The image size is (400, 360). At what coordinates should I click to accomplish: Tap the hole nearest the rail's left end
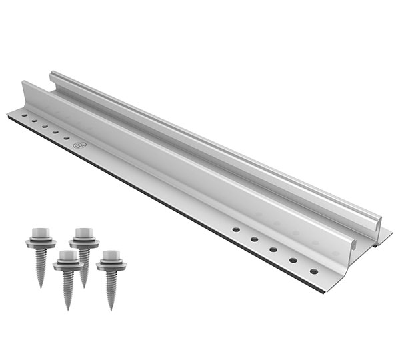25,115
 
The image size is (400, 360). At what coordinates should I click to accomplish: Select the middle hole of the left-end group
45,125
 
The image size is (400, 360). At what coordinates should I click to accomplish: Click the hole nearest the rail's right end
313,271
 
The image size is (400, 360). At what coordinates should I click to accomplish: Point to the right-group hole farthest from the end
235,229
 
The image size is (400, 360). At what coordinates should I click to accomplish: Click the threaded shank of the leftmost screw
40,263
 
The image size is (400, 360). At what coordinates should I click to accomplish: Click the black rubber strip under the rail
167,199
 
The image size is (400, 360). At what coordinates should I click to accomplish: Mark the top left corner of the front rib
24,83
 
